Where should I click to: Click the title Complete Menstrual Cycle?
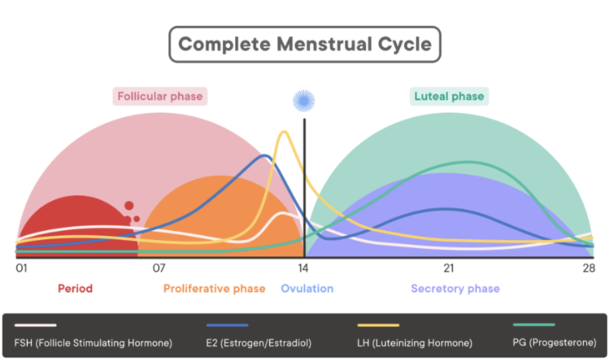coord(305,44)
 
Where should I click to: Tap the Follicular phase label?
coord(160,96)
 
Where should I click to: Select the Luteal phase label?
coord(449,96)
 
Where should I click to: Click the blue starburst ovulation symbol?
coord(304,101)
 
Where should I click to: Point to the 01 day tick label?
coord(22,268)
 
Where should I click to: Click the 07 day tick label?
coord(159,268)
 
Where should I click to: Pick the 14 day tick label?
coord(303,268)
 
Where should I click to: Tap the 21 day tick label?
coord(449,268)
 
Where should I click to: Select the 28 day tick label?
coord(589,268)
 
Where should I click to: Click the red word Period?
coord(75,288)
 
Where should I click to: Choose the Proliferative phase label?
coord(214,289)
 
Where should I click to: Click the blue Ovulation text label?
coord(307,288)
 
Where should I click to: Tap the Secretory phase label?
coord(455,289)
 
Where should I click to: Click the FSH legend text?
coord(93,343)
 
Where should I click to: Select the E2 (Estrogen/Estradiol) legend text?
coord(259,343)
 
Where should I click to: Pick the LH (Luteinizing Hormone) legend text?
coord(415,343)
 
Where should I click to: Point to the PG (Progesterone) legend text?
coord(555,343)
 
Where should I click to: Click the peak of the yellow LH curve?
coord(284,131)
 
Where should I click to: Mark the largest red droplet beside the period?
coord(129,205)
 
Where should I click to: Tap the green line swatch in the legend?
coord(534,325)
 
